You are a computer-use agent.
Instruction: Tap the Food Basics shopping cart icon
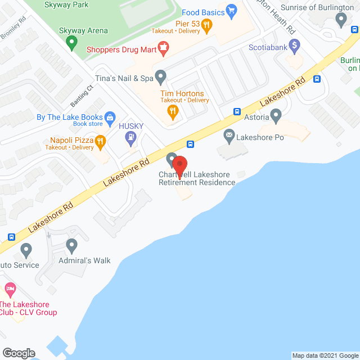point(231,11)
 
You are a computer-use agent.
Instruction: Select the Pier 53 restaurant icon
point(207,24)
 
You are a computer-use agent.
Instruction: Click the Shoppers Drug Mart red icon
point(163,48)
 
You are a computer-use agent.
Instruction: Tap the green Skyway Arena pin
point(71,41)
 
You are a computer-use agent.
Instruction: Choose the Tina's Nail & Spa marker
point(161,75)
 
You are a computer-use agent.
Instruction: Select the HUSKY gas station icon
point(131,136)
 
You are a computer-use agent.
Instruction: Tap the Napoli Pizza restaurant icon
point(101,141)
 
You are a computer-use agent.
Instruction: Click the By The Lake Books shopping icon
point(110,117)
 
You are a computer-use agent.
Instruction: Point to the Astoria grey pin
point(276,116)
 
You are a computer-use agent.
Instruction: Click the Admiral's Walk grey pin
point(71,245)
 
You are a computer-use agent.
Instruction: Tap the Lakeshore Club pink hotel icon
point(10,290)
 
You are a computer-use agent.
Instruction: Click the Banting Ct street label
point(82,96)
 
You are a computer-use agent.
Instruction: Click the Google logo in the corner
point(18,353)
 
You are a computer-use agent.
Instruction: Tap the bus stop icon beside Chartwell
point(191,144)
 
